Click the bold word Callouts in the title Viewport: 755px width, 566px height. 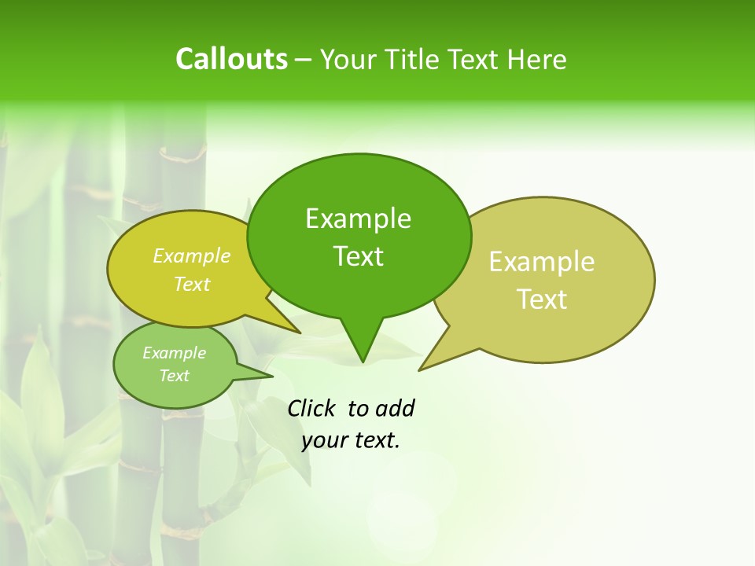click(x=231, y=59)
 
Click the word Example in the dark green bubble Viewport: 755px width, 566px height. click(x=358, y=219)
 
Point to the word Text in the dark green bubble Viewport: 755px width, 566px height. click(x=358, y=255)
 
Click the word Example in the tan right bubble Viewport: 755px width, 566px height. click(x=542, y=262)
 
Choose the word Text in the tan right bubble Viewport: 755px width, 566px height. click(x=542, y=299)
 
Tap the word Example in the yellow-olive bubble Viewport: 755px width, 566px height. click(x=192, y=255)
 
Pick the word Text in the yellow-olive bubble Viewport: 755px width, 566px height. click(x=192, y=284)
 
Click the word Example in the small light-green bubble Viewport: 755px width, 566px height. click(x=174, y=353)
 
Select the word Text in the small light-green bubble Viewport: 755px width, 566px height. click(x=174, y=376)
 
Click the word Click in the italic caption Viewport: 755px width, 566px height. click(x=311, y=408)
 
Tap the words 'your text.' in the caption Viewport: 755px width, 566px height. click(x=351, y=440)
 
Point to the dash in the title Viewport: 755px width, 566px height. click(x=304, y=60)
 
